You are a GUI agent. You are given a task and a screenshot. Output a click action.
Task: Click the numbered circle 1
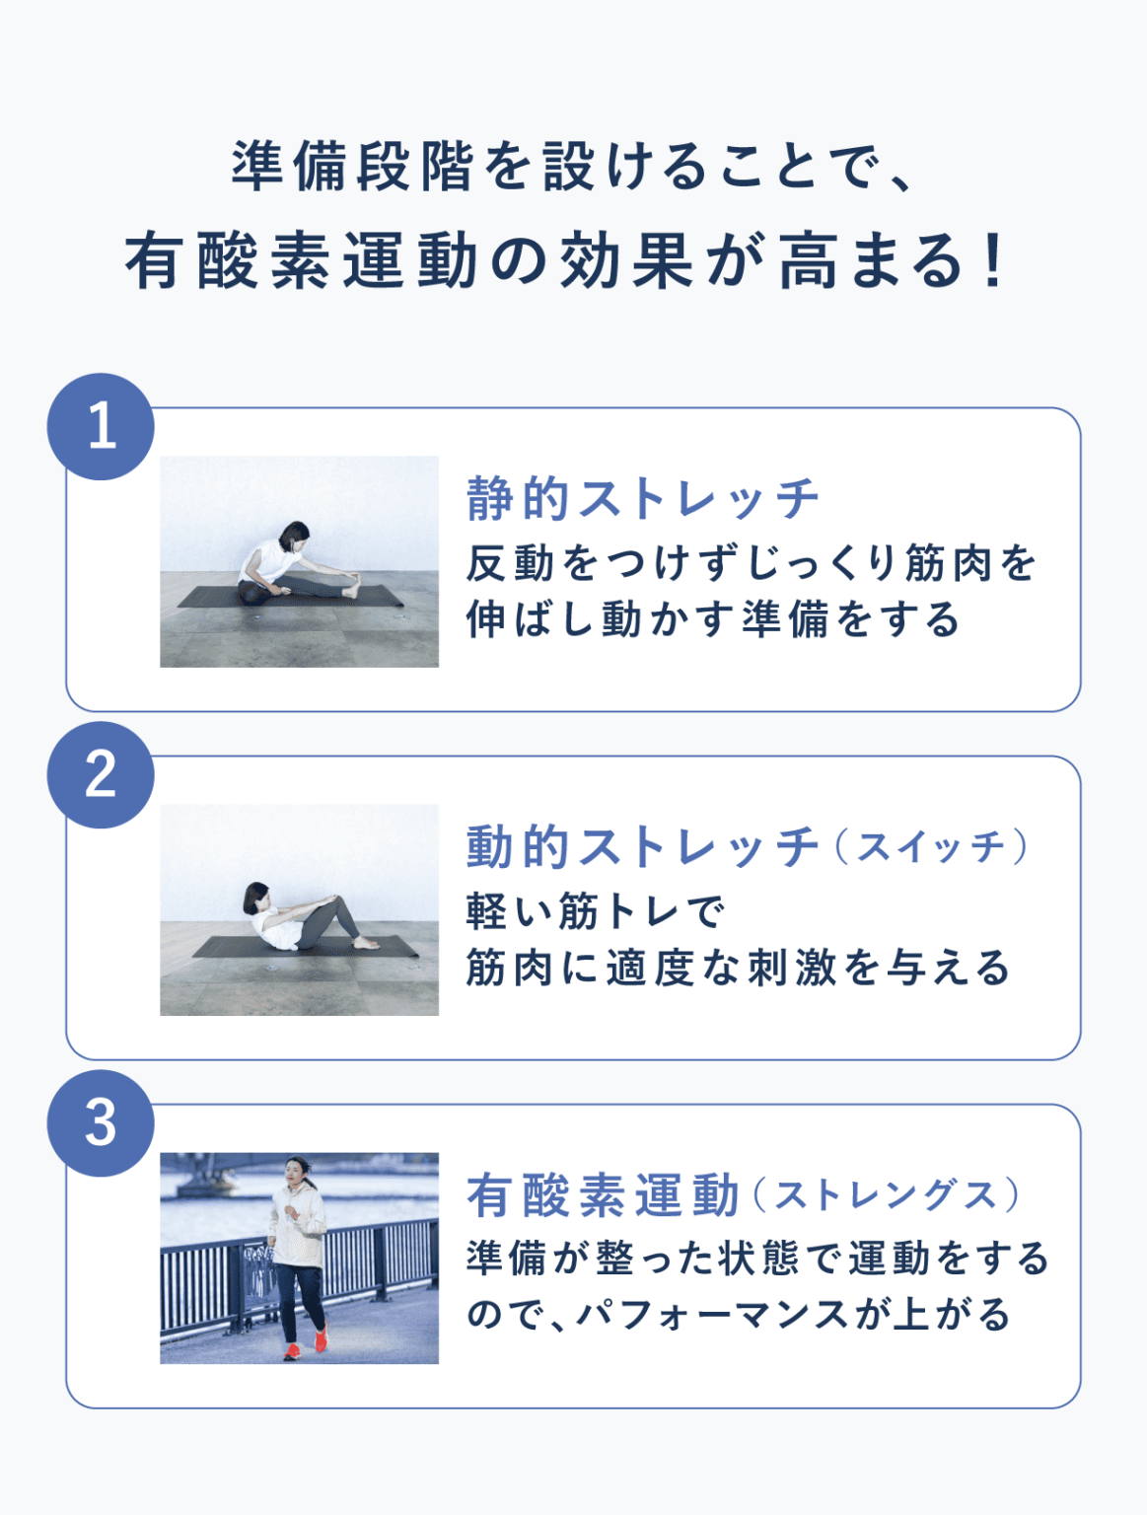click(101, 427)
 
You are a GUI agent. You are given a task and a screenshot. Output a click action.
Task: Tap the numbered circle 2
click(101, 775)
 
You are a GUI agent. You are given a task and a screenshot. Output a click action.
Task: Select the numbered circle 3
click(101, 1123)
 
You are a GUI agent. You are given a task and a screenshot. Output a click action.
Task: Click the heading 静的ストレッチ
click(643, 498)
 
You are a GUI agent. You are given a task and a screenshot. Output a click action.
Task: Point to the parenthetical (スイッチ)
click(931, 847)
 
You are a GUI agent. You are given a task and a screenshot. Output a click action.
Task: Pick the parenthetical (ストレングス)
click(887, 1195)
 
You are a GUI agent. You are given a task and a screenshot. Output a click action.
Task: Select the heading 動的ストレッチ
click(643, 847)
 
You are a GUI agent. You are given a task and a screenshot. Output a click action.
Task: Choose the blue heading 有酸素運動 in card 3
click(603, 1195)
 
